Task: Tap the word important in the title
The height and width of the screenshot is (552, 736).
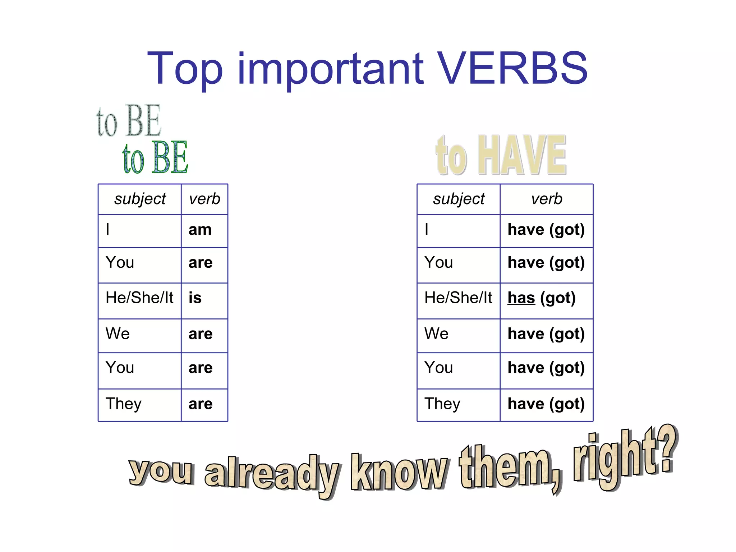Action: (x=331, y=70)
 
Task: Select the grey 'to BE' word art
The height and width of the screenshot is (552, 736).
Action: (x=129, y=121)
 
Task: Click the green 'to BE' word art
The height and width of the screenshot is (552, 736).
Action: (x=155, y=157)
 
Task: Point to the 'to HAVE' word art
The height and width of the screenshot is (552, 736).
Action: (x=501, y=155)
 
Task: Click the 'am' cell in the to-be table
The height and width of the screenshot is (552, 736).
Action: (x=200, y=230)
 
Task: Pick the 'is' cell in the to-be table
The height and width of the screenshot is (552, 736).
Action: (x=195, y=298)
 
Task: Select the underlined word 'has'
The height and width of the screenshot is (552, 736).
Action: (x=521, y=298)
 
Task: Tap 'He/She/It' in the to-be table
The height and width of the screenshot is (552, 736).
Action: (x=139, y=298)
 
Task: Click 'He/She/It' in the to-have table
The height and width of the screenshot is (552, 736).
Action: (x=458, y=298)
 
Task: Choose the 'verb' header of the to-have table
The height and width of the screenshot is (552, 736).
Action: (x=547, y=199)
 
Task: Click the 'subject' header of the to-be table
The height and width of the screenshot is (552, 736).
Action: (x=140, y=199)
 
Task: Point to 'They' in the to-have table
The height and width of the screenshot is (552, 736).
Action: (x=442, y=404)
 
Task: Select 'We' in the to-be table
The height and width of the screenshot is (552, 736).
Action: (x=118, y=334)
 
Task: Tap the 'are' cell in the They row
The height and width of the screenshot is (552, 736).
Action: (x=201, y=404)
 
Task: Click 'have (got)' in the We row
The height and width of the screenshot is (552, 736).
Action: (x=546, y=334)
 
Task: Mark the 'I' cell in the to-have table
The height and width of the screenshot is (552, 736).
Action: (x=427, y=230)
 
